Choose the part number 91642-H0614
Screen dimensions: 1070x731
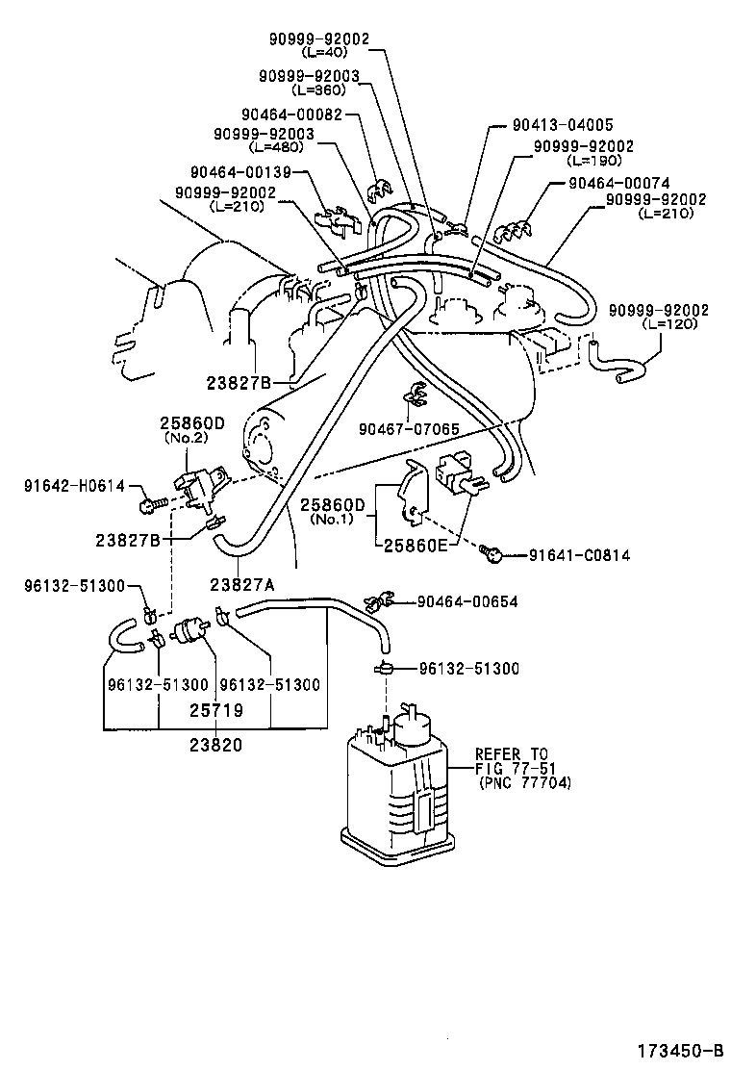coord(74,486)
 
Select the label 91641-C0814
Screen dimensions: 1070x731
coord(580,555)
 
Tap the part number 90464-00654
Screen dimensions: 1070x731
coord(467,601)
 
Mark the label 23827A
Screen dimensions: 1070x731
coord(242,582)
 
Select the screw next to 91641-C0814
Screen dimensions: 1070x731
coord(492,552)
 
